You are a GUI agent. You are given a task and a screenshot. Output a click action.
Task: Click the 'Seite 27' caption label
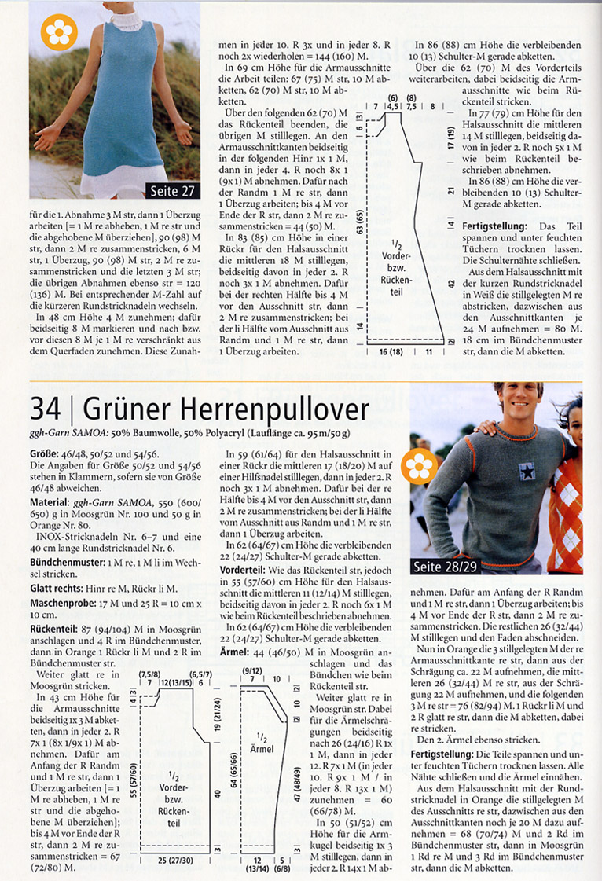tap(171, 190)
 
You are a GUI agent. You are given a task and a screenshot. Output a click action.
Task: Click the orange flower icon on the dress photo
tap(56, 32)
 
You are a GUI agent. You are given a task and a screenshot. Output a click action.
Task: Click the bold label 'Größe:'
tap(44, 453)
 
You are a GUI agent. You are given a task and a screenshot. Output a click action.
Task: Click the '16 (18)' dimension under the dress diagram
tap(391, 352)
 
